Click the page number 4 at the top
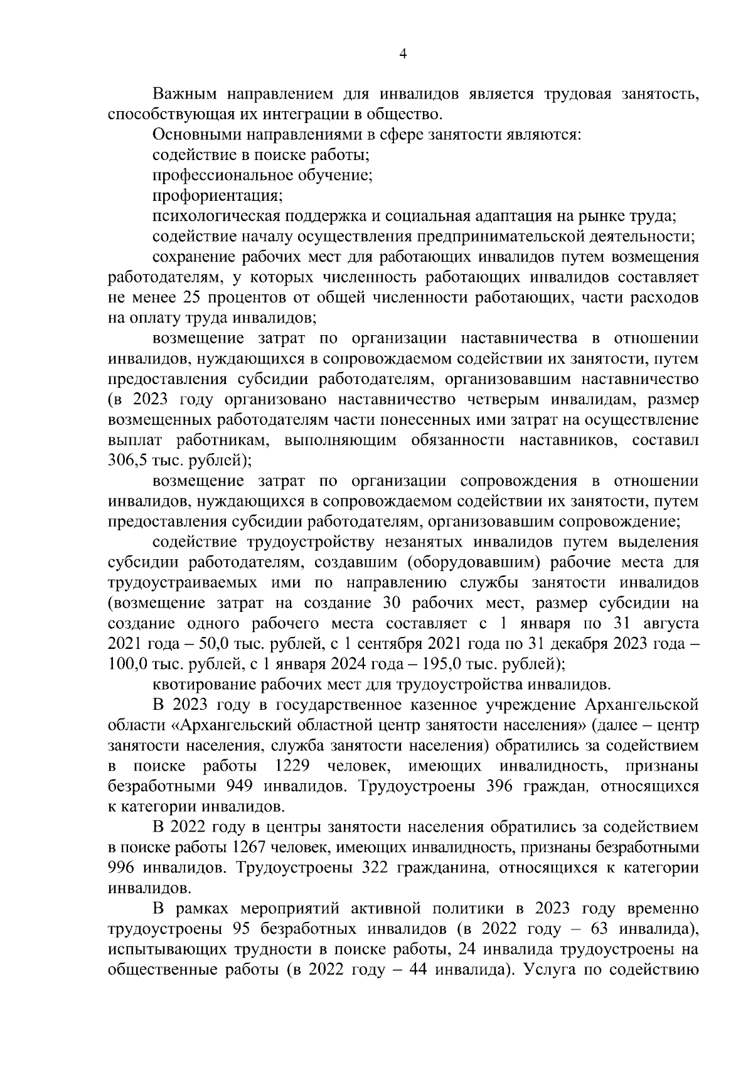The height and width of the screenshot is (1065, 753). tap(403, 55)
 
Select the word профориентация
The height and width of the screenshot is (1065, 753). tap(217, 196)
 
